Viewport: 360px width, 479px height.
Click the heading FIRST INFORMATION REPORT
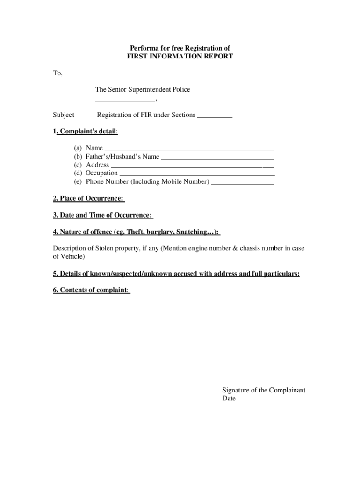click(180, 57)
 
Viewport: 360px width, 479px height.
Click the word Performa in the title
click(144, 48)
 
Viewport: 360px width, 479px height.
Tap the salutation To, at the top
click(58, 73)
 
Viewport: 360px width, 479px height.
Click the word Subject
click(64, 115)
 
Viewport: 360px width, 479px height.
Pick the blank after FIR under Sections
click(215, 116)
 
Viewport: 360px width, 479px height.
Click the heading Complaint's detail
click(87, 132)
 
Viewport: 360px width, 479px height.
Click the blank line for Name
click(189, 149)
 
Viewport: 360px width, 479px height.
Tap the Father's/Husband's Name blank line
click(217, 157)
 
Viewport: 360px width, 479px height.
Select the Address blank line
click(192, 166)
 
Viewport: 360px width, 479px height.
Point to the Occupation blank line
click(196, 174)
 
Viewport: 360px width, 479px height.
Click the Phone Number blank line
click(242, 182)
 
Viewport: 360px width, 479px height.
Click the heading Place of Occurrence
click(89, 199)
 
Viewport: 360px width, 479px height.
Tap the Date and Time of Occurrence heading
click(103, 215)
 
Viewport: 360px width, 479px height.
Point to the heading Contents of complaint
click(91, 290)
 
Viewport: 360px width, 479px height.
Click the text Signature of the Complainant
click(264, 390)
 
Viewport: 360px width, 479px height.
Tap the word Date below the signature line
click(229, 399)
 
